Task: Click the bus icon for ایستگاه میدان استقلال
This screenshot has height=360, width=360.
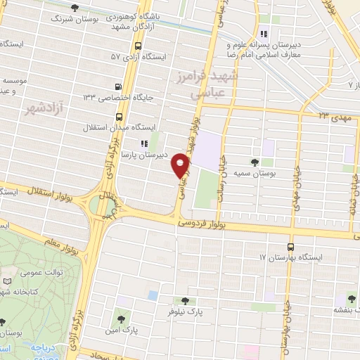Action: coord(118,117)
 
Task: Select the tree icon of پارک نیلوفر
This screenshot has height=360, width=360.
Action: coord(186,300)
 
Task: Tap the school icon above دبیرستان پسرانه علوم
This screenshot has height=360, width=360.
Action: coord(264,34)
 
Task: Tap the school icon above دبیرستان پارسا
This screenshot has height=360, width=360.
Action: coord(145,143)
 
